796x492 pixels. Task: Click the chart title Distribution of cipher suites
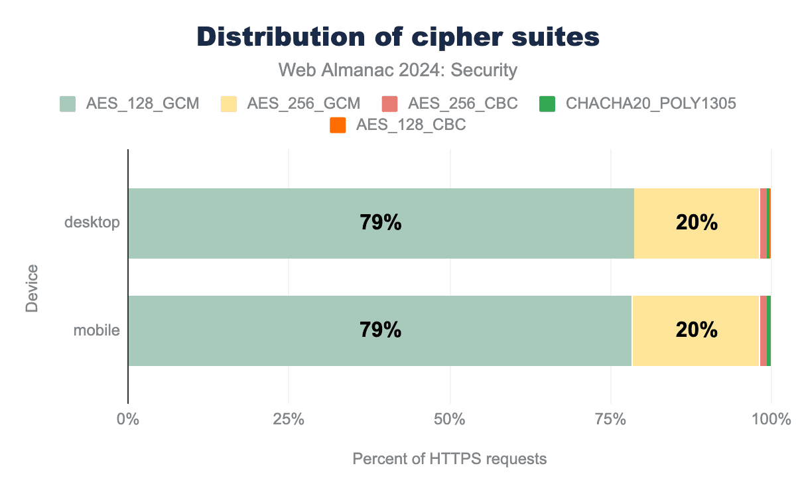pos(398,37)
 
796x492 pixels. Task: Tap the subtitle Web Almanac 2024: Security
pos(398,70)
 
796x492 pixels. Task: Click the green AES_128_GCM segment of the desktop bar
pos(265,223)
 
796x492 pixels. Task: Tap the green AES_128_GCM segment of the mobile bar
pos(265,330)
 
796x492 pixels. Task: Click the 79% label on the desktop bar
pos(381,223)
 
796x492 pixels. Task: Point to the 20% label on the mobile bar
pos(696,330)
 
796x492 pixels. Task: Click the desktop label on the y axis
pos(92,223)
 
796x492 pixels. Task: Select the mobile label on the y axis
pos(96,330)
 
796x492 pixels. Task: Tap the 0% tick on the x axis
pos(127,420)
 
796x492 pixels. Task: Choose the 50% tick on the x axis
pos(450,420)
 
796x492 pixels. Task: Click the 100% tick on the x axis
pos(771,420)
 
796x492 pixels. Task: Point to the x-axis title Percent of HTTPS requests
pos(450,459)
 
